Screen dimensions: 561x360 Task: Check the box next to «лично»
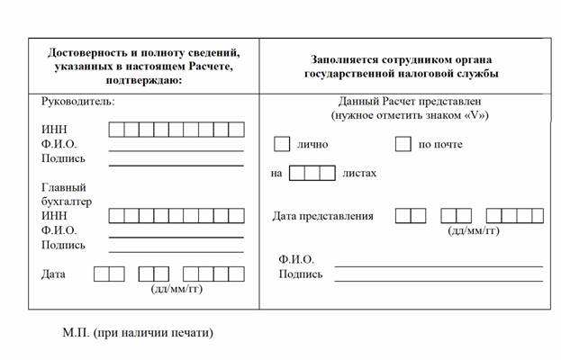tap(282, 144)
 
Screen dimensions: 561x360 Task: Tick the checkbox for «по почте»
tap(403, 144)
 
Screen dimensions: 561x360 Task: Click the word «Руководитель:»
tap(78, 101)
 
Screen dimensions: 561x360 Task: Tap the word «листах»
tap(359, 174)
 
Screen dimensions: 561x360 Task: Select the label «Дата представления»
tap(322, 216)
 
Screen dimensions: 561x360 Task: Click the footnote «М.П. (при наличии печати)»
tap(138, 333)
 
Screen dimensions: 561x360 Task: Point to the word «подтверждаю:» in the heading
tap(144, 80)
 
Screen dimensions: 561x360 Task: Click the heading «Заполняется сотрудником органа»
tap(401, 59)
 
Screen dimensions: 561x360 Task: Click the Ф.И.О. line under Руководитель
tap(176, 151)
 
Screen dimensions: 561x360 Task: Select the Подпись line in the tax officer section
tap(439, 282)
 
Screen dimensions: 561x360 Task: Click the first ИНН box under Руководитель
tap(116, 130)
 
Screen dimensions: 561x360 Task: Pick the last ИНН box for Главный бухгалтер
tap(237, 216)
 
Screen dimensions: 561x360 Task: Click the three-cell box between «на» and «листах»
tap(312, 173)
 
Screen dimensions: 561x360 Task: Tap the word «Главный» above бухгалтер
tap(64, 187)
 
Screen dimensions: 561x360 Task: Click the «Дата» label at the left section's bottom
tap(53, 274)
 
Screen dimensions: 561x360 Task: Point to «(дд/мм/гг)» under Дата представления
tap(474, 231)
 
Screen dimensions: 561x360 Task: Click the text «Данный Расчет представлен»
tap(410, 101)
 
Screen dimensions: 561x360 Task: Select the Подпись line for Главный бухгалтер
tap(176, 252)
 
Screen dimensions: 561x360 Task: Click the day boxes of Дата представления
tap(411, 216)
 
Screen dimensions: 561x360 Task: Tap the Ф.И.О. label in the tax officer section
tap(296, 259)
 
